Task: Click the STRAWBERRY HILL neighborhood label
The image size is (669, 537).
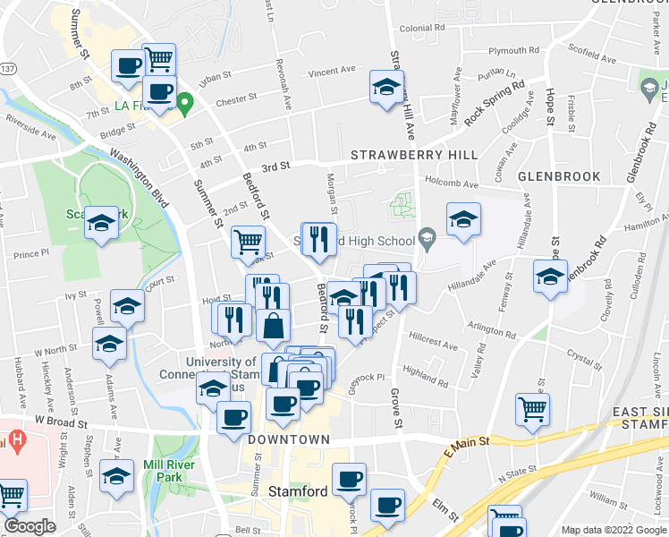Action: (414, 155)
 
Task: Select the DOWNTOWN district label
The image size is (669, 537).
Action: (289, 440)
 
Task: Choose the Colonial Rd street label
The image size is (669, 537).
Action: (416, 29)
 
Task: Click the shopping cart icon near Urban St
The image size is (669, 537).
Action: (158, 59)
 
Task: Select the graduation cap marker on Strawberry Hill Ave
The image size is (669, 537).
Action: (385, 87)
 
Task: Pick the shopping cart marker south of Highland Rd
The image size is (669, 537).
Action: (533, 408)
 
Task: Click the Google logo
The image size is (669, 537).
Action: (30, 526)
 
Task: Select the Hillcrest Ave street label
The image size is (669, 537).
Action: (433, 345)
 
